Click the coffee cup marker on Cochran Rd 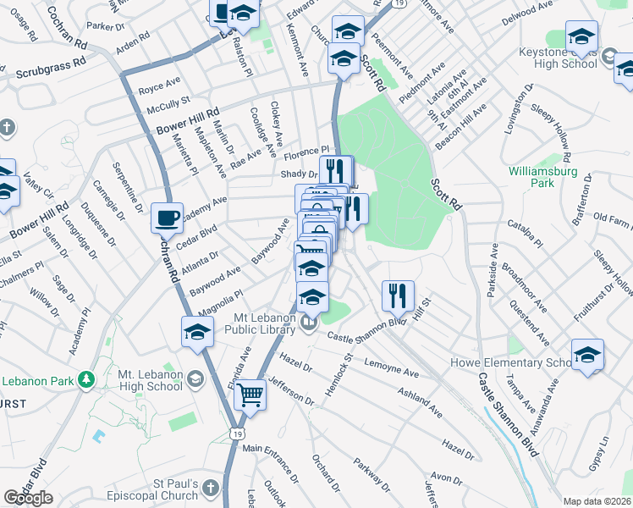(167, 218)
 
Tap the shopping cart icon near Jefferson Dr (250, 394)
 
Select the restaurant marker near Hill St (397, 295)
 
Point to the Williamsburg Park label (542, 176)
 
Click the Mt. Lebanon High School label (139, 379)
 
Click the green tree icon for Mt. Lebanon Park (85, 378)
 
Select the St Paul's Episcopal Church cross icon (212, 489)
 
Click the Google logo (29, 498)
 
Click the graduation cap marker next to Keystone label (581, 36)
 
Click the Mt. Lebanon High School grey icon (196, 378)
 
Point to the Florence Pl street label (305, 155)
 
